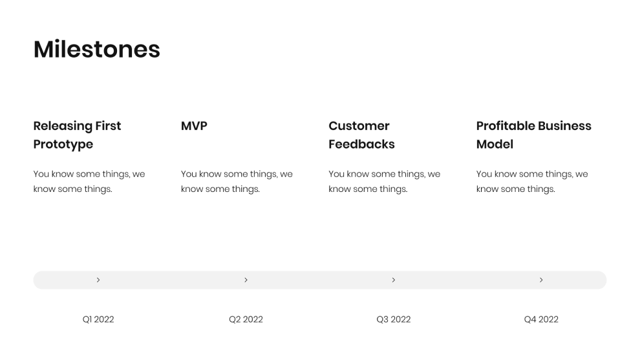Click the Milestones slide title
coord(97,50)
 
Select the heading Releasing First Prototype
coord(77,134)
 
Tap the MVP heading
coord(194,126)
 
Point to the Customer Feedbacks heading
coord(361,134)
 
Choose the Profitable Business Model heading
coord(533,134)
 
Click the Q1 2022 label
coord(98,319)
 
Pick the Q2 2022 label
coord(246,319)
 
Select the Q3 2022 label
coord(394,319)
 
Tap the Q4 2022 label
coord(541,319)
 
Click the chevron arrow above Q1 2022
coord(98,280)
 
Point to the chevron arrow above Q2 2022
coord(246,280)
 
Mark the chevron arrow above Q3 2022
coord(394,280)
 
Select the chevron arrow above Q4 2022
coord(541,280)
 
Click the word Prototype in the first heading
coord(63,144)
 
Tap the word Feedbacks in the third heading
coord(361,144)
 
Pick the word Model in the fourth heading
coord(495,144)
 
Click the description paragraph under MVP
coord(237,182)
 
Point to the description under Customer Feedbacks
coord(384,182)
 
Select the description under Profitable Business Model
coord(532,182)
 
